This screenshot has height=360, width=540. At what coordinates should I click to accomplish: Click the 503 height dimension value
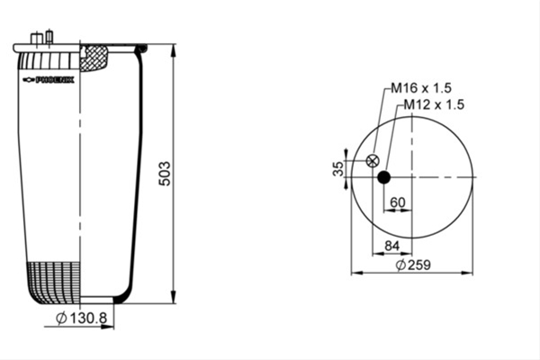click(165, 174)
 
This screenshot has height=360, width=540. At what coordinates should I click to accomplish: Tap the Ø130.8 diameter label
click(82, 318)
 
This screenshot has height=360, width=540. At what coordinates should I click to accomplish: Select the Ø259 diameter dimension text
click(413, 265)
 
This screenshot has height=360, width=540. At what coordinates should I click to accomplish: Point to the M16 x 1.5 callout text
click(421, 88)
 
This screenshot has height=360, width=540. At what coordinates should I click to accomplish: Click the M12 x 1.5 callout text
click(434, 104)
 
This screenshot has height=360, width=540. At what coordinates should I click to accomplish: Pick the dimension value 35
click(338, 168)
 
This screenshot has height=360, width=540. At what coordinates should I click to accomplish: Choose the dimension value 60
click(398, 202)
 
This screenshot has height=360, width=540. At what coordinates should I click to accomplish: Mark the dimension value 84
click(391, 246)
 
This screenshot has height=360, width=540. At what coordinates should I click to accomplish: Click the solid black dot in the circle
click(384, 177)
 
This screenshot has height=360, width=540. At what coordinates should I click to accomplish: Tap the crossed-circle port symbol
click(373, 161)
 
